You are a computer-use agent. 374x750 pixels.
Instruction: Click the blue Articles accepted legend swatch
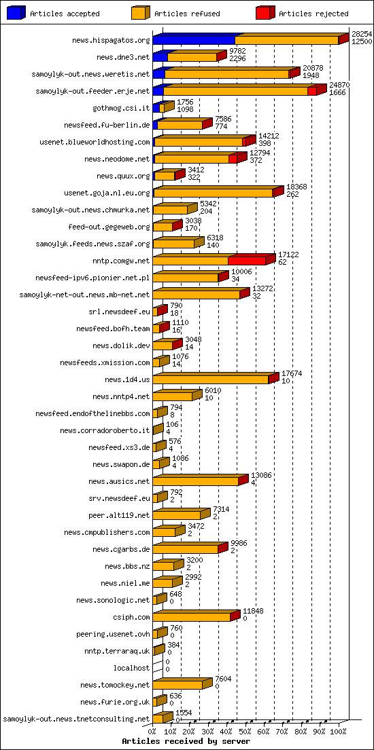point(16,14)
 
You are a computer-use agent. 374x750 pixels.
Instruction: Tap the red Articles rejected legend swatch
point(265,14)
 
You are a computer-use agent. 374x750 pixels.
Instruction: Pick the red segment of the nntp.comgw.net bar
point(246,261)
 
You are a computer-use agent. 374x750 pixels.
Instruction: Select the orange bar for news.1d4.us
point(211,379)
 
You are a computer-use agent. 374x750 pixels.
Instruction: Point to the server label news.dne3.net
point(123,58)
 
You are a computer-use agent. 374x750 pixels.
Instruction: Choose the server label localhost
point(131,668)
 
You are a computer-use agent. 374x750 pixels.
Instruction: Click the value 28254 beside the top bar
point(361,33)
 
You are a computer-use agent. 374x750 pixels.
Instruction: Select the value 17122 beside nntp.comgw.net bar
point(288,255)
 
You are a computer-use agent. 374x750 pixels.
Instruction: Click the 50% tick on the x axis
point(246,732)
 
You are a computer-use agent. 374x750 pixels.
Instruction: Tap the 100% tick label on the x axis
point(338,732)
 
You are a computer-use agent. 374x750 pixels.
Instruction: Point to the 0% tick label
point(152,732)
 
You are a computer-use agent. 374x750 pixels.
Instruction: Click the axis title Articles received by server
point(186,742)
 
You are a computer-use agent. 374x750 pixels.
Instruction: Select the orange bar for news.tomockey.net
point(177,685)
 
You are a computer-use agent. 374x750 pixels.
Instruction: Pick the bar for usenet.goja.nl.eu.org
point(213,193)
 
